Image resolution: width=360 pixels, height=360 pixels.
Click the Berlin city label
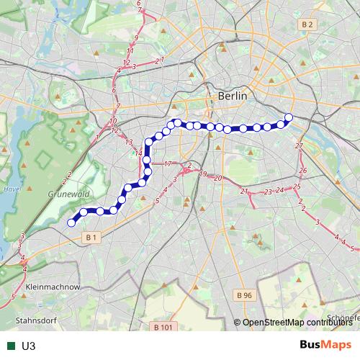coord(232,96)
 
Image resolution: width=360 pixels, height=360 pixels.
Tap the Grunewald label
coord(68,194)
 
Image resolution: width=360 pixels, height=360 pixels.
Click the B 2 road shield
coord(308,24)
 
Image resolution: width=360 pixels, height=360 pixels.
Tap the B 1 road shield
coord(90,237)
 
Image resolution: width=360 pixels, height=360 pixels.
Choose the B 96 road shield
coord(245,295)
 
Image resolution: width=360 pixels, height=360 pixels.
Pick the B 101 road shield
coord(163,327)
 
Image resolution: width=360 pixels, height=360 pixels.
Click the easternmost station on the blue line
coord(289,117)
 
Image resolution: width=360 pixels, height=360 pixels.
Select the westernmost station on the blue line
coord(71,223)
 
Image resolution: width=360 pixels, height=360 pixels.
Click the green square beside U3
coord(9,346)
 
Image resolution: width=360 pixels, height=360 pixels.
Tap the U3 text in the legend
coord(29,346)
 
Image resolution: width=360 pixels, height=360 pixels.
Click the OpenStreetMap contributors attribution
coord(296,323)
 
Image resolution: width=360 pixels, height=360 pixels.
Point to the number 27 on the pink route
coord(300,146)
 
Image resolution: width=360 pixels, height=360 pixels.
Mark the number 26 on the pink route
coord(303,171)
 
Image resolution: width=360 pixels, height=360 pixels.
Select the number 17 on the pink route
coord(167,165)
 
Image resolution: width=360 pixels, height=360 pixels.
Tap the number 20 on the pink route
coord(217,177)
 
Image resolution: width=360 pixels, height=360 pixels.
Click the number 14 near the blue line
coord(139,153)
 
